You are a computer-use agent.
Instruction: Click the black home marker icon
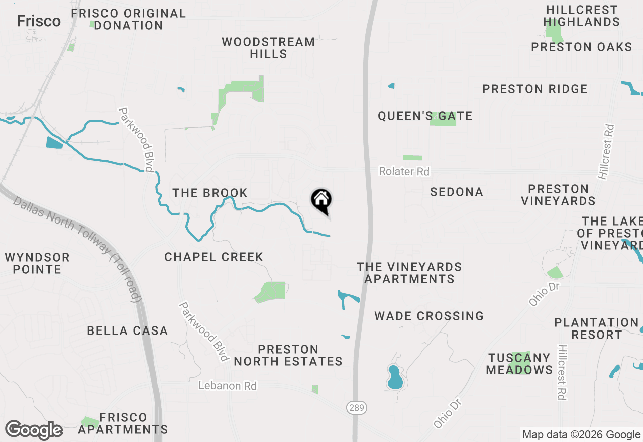click(321, 201)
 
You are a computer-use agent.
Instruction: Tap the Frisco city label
click(39, 21)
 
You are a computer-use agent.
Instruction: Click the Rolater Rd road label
click(404, 172)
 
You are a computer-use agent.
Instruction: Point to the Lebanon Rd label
click(228, 386)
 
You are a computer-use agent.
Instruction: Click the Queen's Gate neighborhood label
click(425, 116)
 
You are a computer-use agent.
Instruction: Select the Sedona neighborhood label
click(457, 192)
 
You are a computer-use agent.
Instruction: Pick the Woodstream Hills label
click(268, 48)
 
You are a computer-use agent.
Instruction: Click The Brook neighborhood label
click(210, 193)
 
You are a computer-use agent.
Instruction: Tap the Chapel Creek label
click(213, 257)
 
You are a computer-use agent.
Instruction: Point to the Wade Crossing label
click(429, 316)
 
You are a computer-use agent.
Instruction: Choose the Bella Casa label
click(127, 330)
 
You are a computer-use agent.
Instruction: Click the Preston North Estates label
click(288, 355)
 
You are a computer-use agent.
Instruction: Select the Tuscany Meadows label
click(519, 364)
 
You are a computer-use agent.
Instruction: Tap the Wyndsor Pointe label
click(37, 263)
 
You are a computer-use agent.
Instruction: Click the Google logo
click(34, 430)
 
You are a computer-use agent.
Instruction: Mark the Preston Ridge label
click(534, 89)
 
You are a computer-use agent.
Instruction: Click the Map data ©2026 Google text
click(581, 435)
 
